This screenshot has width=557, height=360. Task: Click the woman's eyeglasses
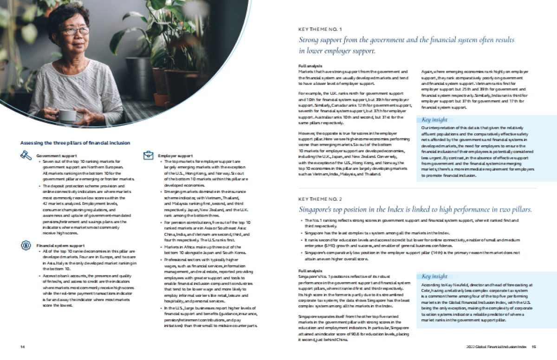(76, 31)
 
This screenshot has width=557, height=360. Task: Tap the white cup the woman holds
(67, 115)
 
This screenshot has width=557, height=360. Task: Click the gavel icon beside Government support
(26, 155)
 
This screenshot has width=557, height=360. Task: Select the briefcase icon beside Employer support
(148, 155)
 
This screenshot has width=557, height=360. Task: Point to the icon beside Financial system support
(26, 245)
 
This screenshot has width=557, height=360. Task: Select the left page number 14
(22, 347)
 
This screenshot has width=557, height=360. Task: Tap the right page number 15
(534, 347)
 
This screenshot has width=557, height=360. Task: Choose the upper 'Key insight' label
(434, 120)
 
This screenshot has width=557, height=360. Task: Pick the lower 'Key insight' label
(434, 276)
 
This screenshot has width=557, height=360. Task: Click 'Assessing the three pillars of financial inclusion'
(75, 143)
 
